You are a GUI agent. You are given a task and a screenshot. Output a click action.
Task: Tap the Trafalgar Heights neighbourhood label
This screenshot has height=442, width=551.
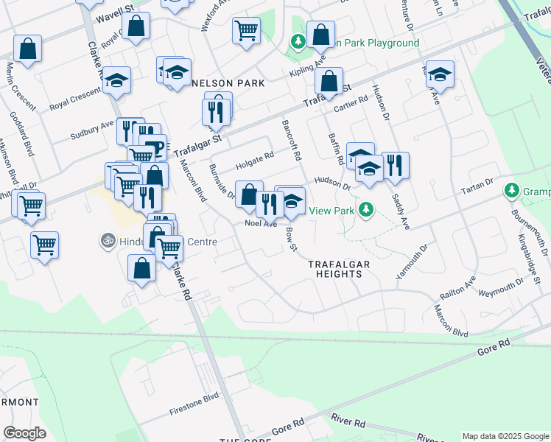334,269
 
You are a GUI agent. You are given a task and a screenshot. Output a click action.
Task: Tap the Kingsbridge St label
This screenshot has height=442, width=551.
530,260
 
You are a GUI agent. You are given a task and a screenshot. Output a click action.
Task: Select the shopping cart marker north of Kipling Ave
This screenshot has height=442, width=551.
245,30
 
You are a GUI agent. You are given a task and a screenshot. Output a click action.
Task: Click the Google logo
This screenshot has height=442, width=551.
24,432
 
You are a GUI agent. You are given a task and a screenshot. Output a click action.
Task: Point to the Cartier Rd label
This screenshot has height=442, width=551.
350,103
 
